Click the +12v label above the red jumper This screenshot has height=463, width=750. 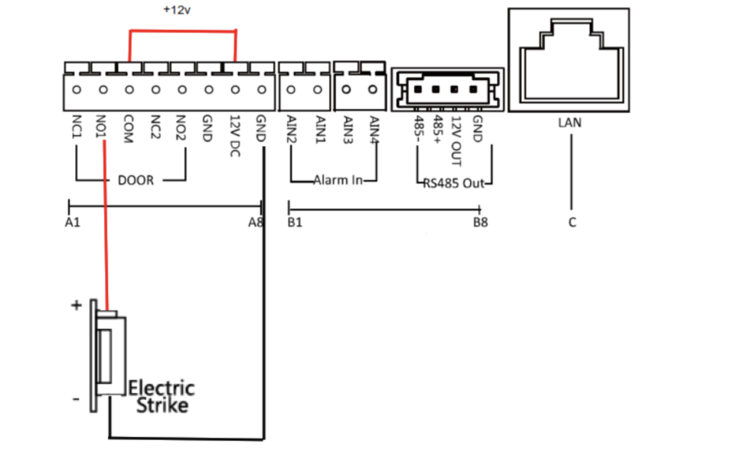(177, 10)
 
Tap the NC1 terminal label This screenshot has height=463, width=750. (77, 127)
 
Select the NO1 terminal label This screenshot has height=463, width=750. (101, 127)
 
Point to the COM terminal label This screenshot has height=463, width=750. (128, 129)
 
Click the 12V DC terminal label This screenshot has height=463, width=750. (235, 136)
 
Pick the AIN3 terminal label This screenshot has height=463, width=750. (348, 130)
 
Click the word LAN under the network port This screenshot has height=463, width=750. (569, 122)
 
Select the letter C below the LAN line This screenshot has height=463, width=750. (572, 222)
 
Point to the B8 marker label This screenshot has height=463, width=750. (480, 222)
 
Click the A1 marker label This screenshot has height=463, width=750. (72, 222)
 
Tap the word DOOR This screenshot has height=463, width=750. (136, 180)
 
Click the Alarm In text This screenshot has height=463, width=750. (338, 180)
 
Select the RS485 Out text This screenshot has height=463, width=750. (454, 183)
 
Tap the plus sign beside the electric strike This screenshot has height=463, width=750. (76, 305)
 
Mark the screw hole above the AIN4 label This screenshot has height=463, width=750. (372, 89)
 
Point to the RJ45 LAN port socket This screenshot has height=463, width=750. (569, 60)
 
